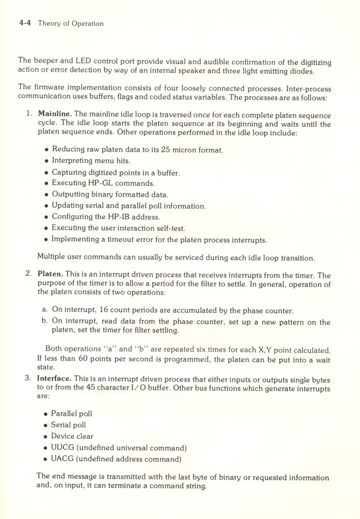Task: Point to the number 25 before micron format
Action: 166,150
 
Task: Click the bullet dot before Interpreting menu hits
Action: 47,162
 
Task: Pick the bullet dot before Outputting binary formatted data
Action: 47,195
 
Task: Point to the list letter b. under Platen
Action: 45,321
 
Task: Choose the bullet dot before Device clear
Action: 46,437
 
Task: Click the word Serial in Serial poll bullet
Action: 61,425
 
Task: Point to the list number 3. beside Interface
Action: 29,378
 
